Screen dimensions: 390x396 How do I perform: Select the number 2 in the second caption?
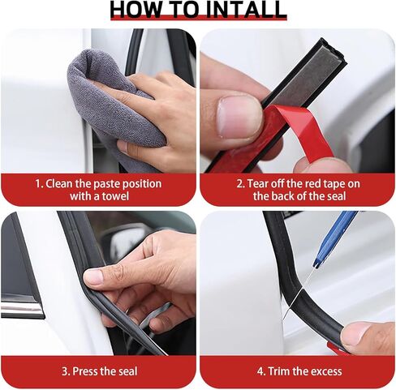point(240,184)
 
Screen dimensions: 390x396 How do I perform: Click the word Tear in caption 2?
point(259,184)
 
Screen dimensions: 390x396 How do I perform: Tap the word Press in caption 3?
point(88,372)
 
